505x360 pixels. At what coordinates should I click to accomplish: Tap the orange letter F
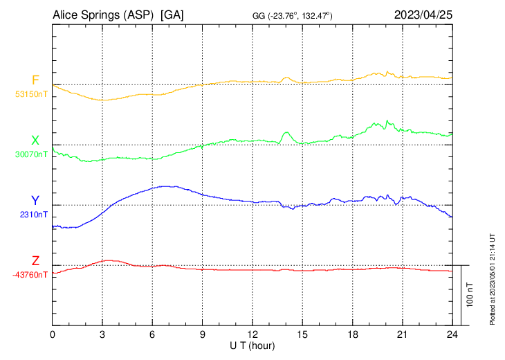click(x=35, y=80)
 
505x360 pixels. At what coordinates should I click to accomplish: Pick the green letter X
click(x=35, y=141)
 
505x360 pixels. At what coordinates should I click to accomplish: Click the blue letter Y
click(x=35, y=201)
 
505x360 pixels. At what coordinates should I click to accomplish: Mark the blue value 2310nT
click(x=34, y=215)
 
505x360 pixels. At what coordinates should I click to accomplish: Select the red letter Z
click(x=35, y=261)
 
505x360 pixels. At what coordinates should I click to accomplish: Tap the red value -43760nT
click(x=31, y=275)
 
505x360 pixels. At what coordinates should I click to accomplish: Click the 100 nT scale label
click(x=470, y=296)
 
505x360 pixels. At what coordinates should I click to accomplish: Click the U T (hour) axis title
click(x=252, y=345)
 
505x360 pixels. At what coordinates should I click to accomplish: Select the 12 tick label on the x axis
click(x=252, y=334)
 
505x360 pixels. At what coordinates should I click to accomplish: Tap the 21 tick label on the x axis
click(x=402, y=334)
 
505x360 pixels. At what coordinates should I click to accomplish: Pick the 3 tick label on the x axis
click(x=103, y=334)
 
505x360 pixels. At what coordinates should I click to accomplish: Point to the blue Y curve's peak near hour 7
click(x=166, y=186)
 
